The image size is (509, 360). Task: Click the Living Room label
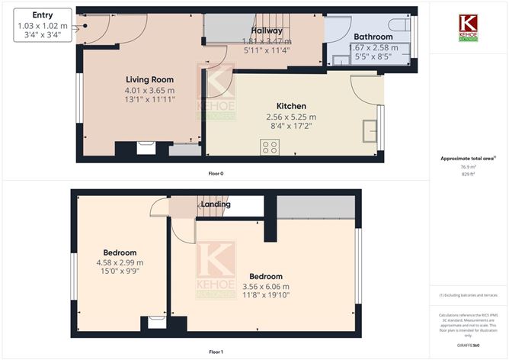pyautogui.click(x=150, y=79)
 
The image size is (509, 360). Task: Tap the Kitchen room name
pyautogui.click(x=291, y=106)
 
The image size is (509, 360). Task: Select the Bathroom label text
pyautogui.click(x=373, y=37)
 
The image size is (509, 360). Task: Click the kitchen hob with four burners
pyautogui.click(x=270, y=147)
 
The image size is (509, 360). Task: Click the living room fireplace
pyautogui.click(x=145, y=147)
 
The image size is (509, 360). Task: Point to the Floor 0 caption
pyautogui.click(x=216, y=173)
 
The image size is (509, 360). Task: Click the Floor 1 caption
pyautogui.click(x=216, y=352)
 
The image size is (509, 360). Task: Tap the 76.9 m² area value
pyautogui.click(x=468, y=166)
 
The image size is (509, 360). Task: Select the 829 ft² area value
pyautogui.click(x=468, y=174)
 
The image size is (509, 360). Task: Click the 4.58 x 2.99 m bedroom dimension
pyautogui.click(x=120, y=262)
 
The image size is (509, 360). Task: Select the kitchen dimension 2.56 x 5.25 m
pyautogui.click(x=291, y=117)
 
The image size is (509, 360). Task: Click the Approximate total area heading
pyautogui.click(x=467, y=159)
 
